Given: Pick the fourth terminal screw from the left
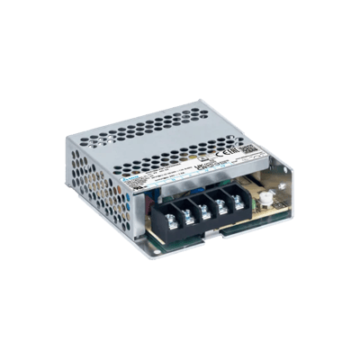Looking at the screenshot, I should click(x=220, y=201).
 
